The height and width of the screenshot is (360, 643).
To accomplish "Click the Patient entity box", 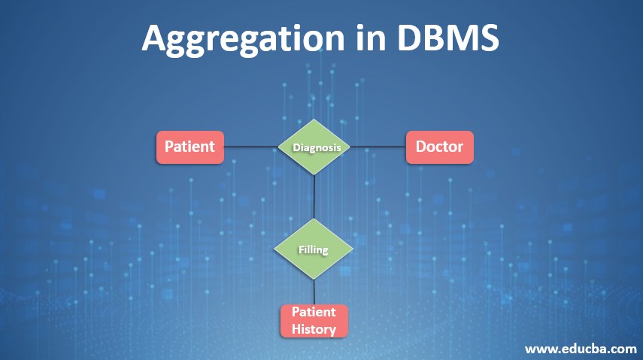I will [x=190, y=147].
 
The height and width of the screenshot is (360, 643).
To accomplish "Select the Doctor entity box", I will [x=439, y=147].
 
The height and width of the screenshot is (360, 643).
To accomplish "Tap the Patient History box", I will [x=314, y=320].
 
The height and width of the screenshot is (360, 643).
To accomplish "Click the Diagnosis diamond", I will [x=315, y=147].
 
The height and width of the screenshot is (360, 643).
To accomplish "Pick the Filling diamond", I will [x=314, y=248].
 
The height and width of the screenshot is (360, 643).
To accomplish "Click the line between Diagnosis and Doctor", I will [x=379, y=147].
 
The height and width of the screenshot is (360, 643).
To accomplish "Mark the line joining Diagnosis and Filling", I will [x=314, y=196].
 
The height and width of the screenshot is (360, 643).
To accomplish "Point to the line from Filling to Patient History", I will [x=314, y=291].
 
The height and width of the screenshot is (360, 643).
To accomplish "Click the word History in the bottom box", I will [x=314, y=328].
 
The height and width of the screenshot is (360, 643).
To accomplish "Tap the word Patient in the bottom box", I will [x=314, y=313].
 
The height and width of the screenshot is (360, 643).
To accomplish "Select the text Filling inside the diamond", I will [x=314, y=248].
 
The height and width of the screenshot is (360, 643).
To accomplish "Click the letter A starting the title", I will [x=155, y=38].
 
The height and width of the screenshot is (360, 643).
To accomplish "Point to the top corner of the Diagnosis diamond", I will [x=315, y=120].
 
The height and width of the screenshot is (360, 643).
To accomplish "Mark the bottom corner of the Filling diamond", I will [x=314, y=277].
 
